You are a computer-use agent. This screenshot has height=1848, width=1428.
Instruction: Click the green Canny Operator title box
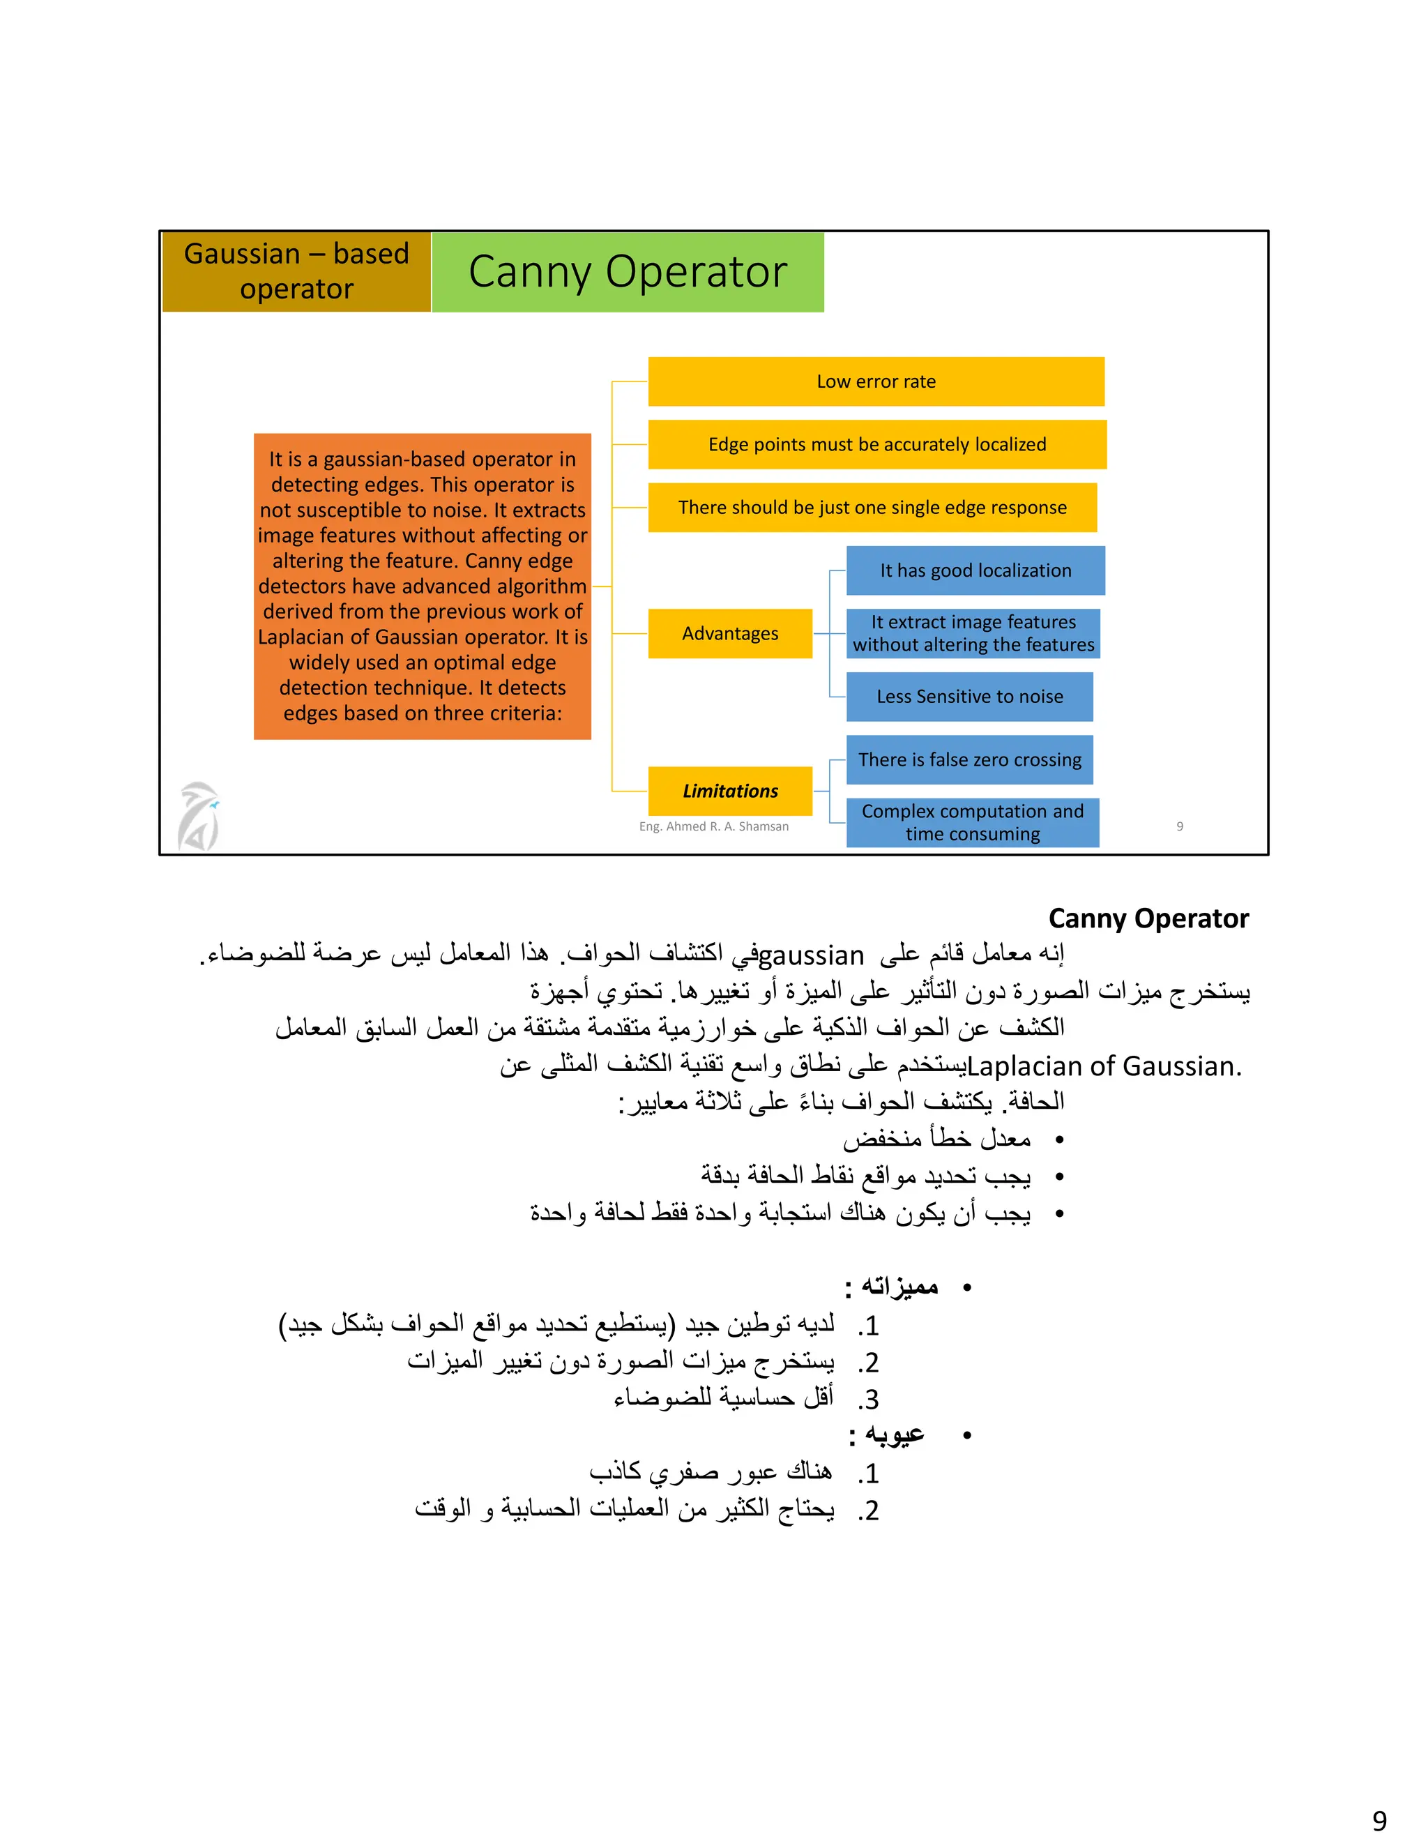click(628, 271)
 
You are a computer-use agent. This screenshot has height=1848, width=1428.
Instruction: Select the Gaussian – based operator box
click(296, 271)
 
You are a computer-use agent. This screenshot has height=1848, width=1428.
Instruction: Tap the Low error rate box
click(876, 381)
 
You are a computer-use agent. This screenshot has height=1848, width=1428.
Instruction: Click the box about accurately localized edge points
click(876, 444)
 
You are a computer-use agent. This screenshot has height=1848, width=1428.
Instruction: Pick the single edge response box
click(872, 508)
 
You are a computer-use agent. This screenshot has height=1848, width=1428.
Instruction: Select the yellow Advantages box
click(729, 634)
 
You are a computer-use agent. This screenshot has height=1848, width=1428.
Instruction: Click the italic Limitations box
click(729, 792)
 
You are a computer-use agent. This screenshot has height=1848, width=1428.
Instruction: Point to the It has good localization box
click(975, 570)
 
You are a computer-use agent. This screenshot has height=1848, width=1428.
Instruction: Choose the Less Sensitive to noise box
click(969, 697)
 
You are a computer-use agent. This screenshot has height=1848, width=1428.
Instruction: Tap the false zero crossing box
click(969, 760)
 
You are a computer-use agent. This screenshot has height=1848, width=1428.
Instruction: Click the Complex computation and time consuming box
click(972, 822)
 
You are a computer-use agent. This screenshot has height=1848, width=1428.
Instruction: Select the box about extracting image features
click(973, 634)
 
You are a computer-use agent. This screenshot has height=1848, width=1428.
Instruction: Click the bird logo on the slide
click(199, 816)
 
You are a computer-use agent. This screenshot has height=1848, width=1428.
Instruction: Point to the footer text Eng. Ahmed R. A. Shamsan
click(713, 826)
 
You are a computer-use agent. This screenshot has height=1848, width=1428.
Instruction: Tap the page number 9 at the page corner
click(1379, 1820)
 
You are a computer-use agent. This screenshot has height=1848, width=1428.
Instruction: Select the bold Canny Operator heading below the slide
click(1148, 919)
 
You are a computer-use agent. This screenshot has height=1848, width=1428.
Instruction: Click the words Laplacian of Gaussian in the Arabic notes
click(1103, 1067)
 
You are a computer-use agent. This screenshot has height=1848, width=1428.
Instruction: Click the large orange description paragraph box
click(422, 586)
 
